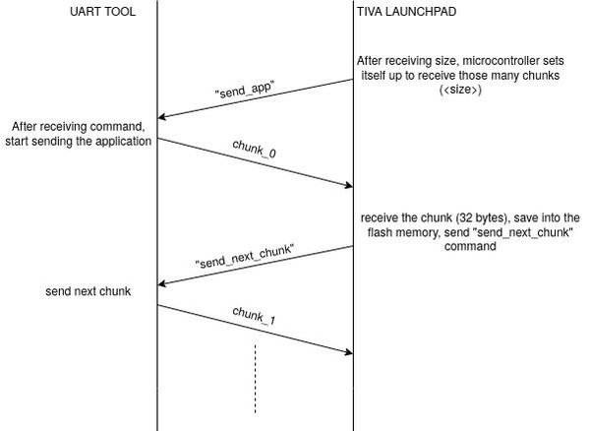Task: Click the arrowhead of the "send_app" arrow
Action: click(163, 118)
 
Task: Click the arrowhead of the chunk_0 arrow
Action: click(348, 184)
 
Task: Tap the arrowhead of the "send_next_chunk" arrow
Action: click(163, 284)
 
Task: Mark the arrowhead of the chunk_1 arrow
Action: click(348, 350)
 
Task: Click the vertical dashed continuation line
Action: click(256, 379)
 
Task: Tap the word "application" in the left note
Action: click(121, 142)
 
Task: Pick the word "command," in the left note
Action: click(124, 127)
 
